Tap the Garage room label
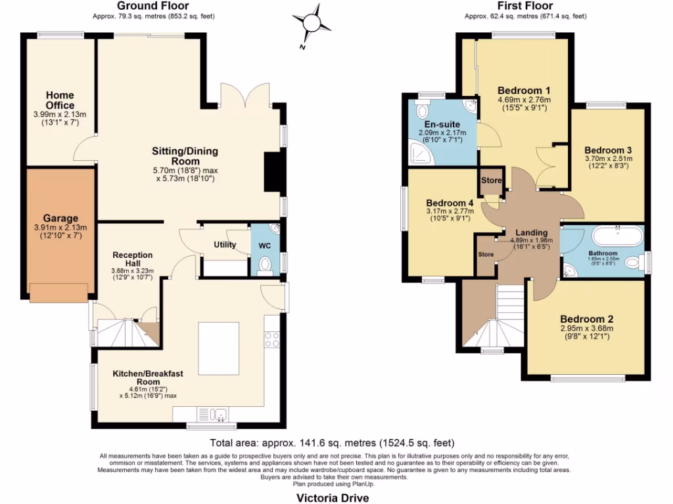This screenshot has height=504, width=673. pos(60,219)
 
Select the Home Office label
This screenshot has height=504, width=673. pos(60,100)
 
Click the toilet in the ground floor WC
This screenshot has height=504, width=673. pos(266,263)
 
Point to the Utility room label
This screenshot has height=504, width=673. pos(224,245)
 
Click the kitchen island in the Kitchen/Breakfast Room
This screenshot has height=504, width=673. pos(218,348)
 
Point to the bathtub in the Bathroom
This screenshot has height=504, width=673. pos(617,236)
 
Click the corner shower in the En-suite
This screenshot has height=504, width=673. pos(418,153)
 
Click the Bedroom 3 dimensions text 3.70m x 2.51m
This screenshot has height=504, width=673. pos(608,158)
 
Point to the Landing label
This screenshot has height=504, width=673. pos(531,232)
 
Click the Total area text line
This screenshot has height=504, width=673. pos(331,443)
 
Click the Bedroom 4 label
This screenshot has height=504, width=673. pos(450,203)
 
